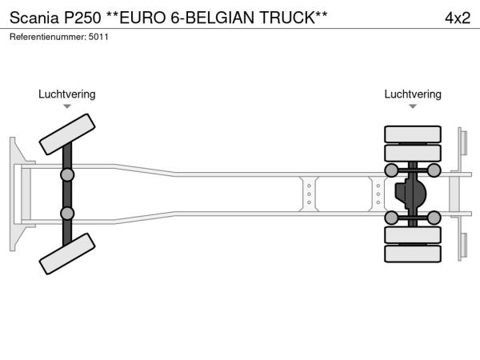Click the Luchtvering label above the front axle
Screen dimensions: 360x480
click(x=66, y=94)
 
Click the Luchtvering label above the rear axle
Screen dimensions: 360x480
click(x=412, y=94)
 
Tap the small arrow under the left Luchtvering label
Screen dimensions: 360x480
click(x=66, y=106)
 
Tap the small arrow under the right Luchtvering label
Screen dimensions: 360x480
click(x=412, y=106)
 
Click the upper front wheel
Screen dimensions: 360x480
click(x=68, y=134)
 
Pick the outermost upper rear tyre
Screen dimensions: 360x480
click(x=413, y=133)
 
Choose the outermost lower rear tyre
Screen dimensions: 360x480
click(x=413, y=254)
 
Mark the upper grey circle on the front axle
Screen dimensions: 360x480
click(x=67, y=174)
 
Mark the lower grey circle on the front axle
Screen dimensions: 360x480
click(x=67, y=213)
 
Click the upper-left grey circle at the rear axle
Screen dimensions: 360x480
click(x=392, y=170)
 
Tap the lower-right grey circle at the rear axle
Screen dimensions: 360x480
click(x=433, y=217)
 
